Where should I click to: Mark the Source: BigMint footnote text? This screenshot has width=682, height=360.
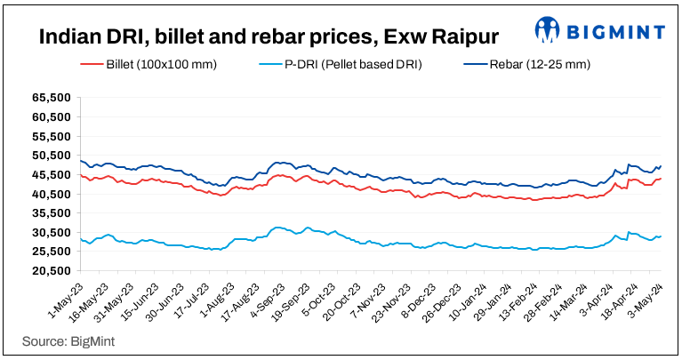(68, 340)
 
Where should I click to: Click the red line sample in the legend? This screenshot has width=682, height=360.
(92, 65)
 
